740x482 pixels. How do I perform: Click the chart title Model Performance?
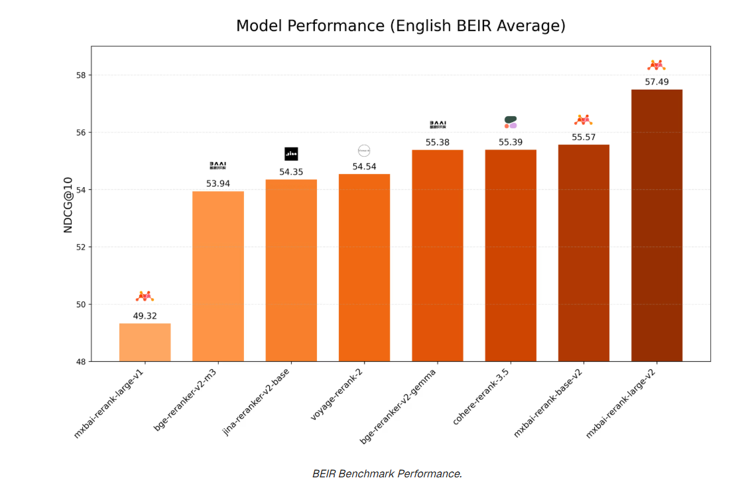click(401, 26)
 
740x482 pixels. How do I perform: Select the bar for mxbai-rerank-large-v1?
click(145, 342)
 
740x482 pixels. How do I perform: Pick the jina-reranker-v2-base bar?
click(291, 270)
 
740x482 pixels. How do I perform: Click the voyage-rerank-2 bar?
click(364, 268)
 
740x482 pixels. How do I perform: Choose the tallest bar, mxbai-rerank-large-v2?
click(656, 226)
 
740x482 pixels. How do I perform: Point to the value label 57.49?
click(656, 82)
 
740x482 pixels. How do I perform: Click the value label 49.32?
click(145, 315)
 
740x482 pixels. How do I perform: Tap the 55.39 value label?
click(511, 142)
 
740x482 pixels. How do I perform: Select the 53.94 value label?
click(218, 183)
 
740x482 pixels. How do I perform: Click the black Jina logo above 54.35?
click(291, 154)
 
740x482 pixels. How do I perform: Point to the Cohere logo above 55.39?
click(511, 122)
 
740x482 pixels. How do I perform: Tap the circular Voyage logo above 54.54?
click(364, 151)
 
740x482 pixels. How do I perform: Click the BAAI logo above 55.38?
click(438, 124)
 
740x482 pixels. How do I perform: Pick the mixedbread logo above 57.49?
click(656, 65)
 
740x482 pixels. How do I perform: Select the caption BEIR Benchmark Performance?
click(387, 473)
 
